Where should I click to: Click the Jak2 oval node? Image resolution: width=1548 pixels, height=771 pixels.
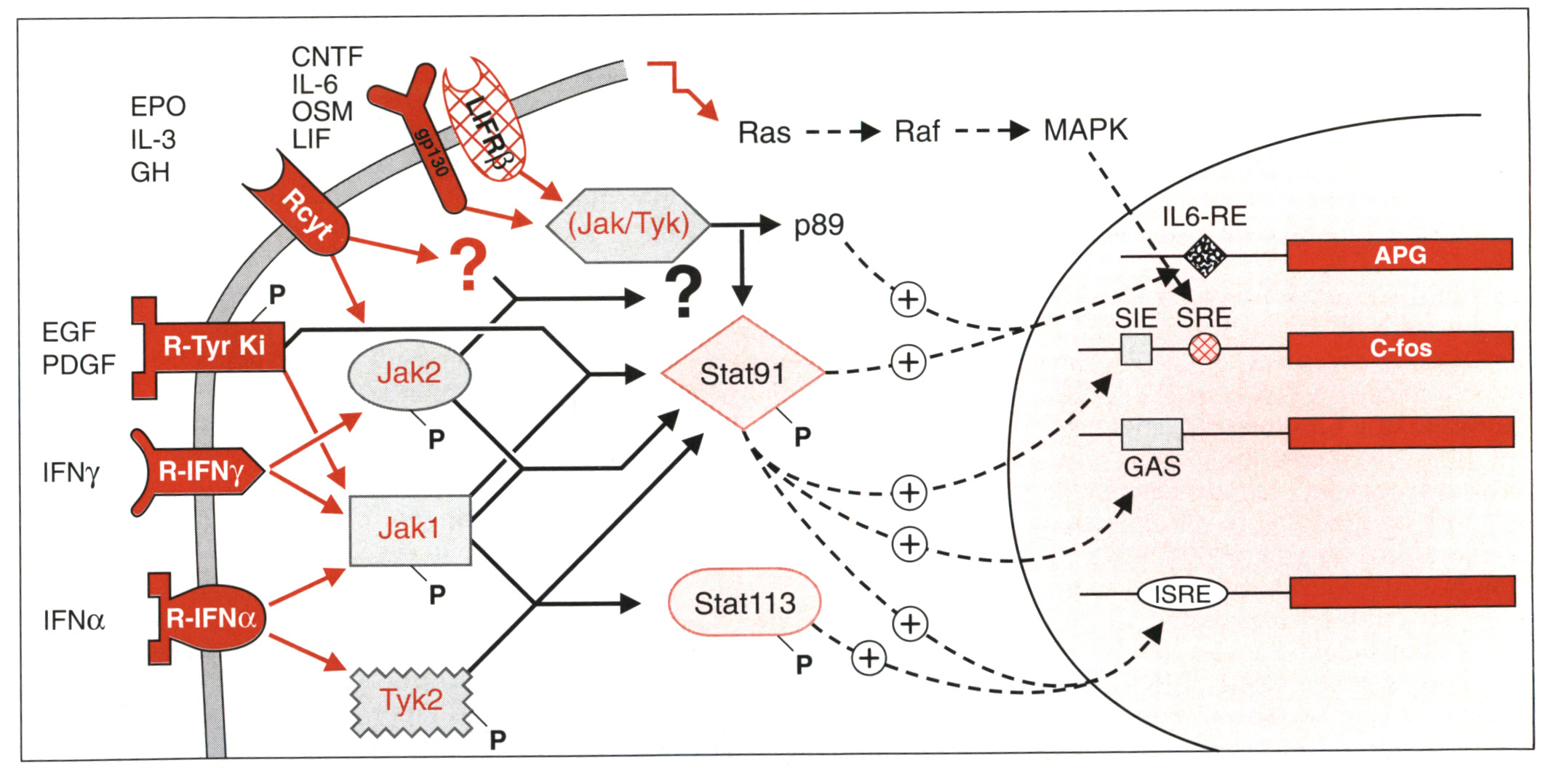click(410, 374)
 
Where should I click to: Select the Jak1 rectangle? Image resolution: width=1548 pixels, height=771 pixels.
click(410, 530)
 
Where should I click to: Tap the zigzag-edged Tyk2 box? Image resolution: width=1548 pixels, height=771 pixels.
click(411, 701)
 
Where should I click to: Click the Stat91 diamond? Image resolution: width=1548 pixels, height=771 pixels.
click(743, 373)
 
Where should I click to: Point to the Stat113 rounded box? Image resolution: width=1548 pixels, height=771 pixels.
click(744, 603)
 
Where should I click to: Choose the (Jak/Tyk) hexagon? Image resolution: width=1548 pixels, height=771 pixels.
click(628, 225)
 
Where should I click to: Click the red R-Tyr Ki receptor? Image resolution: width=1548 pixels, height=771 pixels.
click(213, 347)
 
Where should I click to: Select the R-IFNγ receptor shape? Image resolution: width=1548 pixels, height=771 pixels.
click(200, 472)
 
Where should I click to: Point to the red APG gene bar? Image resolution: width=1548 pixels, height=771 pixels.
click(1400, 255)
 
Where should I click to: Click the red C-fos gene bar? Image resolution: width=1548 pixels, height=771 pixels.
click(1400, 348)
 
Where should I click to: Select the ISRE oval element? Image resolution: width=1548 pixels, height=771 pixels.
click(1182, 594)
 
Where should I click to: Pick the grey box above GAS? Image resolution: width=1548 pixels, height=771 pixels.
click(1152, 434)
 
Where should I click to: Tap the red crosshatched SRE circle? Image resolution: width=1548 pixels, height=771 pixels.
click(1204, 349)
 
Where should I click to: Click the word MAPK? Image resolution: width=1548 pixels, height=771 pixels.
click(1085, 131)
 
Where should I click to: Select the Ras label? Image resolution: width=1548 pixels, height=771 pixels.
click(764, 133)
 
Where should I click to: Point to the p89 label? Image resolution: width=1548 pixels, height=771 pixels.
click(818, 225)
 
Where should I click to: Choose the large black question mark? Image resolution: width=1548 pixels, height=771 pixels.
click(684, 291)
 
